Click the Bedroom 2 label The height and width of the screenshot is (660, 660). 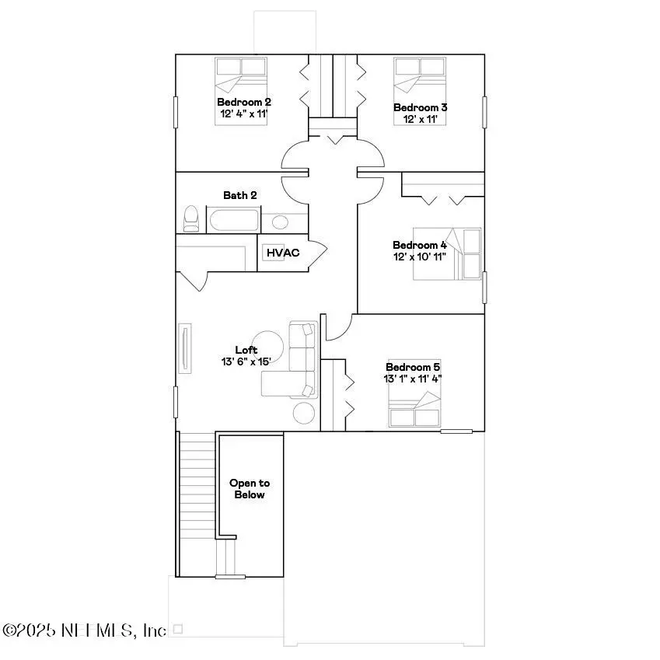point(243,102)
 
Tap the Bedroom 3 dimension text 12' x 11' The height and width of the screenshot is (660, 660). point(420,119)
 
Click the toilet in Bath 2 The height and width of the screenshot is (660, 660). point(190,219)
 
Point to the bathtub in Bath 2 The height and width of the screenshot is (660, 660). point(233,220)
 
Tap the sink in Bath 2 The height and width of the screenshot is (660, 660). point(280,222)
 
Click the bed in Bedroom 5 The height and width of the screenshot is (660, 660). point(415,409)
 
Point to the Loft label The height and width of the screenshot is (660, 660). point(246,350)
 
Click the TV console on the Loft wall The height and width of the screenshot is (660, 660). point(185,350)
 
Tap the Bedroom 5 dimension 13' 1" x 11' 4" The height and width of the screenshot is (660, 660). point(413,379)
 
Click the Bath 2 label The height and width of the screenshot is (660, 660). point(240,195)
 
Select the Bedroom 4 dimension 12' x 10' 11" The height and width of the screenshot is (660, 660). point(420,257)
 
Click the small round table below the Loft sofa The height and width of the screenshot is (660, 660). point(304,413)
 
